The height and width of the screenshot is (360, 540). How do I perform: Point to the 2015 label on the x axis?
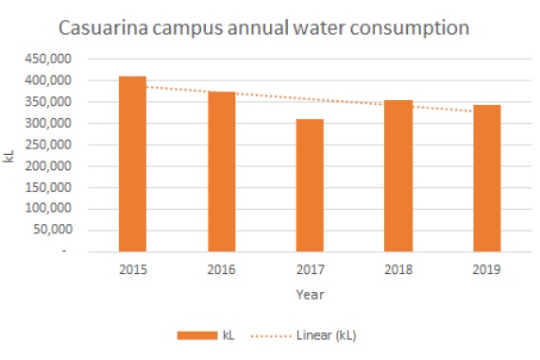point(132,269)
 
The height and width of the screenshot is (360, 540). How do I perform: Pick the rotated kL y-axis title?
point(10,155)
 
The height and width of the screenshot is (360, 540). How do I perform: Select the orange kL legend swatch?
point(196,334)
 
